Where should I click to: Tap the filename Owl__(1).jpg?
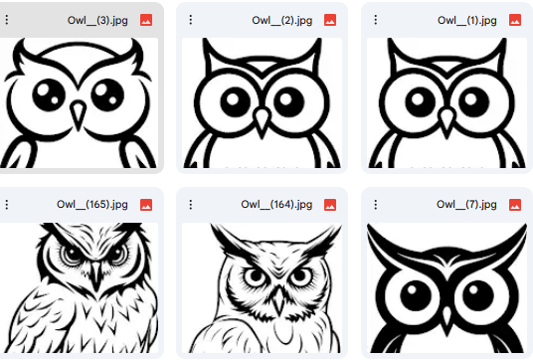click(465, 20)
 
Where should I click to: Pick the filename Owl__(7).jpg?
click(465, 204)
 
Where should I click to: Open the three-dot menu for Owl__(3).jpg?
click(7, 20)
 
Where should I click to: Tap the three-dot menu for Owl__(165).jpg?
click(7, 204)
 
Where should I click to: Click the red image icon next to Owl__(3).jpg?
click(147, 20)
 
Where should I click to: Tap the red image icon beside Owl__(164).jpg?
click(330, 204)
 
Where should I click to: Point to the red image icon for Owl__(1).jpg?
click(514, 20)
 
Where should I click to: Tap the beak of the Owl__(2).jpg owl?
click(263, 121)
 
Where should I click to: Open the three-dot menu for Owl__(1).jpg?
click(375, 20)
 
